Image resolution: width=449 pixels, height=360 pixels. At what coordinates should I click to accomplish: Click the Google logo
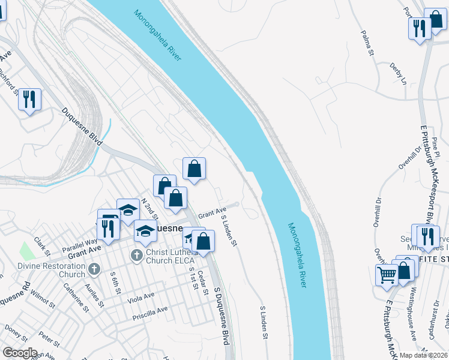[20, 353]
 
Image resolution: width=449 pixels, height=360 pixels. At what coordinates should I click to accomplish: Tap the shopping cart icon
[387, 275]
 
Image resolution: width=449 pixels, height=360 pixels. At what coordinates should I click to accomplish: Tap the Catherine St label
[77, 298]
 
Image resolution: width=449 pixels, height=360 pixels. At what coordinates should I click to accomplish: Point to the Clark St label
[41, 245]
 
